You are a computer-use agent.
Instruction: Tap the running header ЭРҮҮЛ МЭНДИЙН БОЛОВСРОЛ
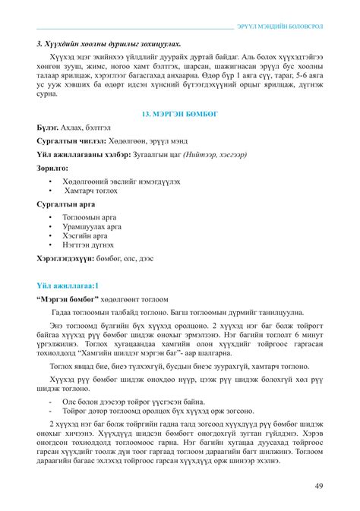pyautogui.click(x=280, y=27)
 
